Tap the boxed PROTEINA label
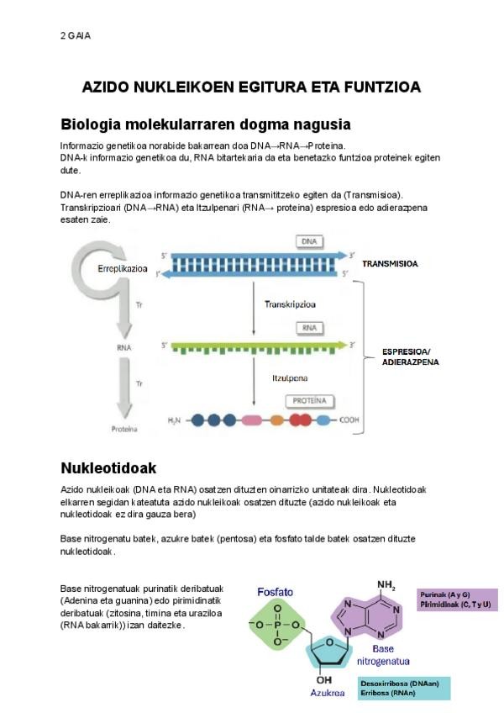[309, 401]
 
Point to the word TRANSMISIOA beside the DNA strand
[391, 263]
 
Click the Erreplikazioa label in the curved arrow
[123, 269]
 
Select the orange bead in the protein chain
[278, 419]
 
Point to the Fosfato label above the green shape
[276, 591]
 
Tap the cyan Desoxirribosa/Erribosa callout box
[403, 689]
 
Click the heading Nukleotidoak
[109, 467]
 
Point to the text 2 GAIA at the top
[76, 35]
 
